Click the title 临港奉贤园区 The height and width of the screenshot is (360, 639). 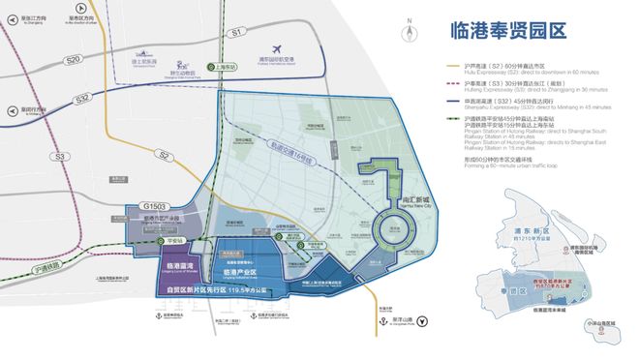pos(506,30)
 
